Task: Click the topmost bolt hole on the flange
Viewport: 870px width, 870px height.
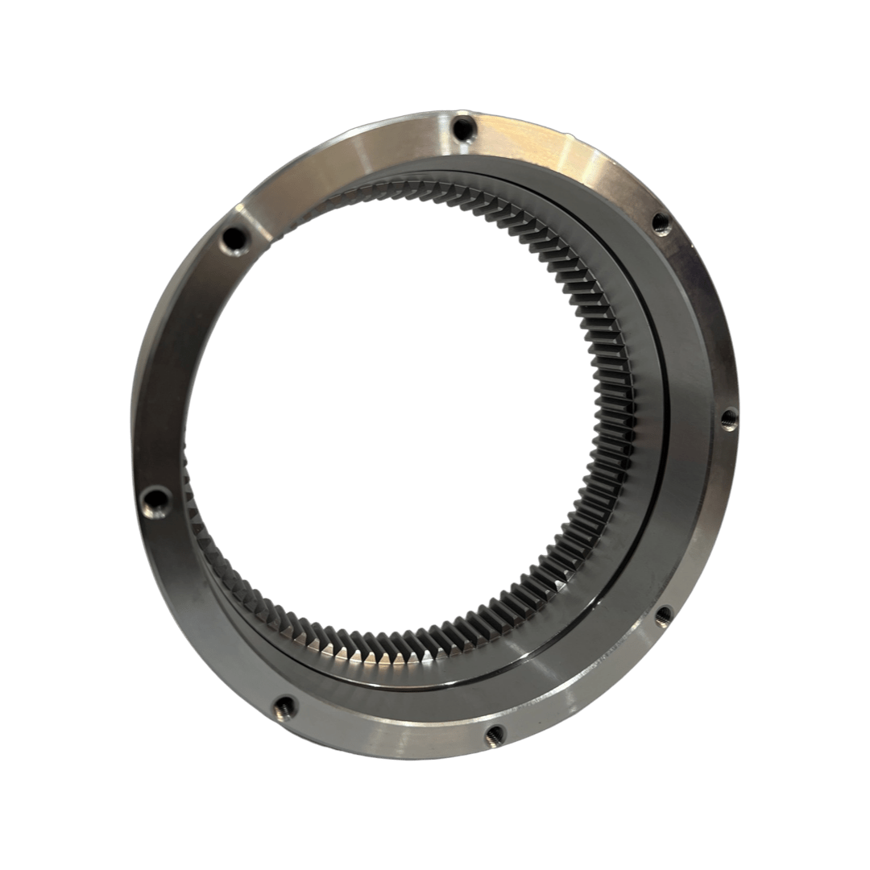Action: tap(462, 127)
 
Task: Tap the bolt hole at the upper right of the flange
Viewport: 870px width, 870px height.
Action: tap(661, 224)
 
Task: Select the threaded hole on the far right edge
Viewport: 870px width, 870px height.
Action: tap(727, 419)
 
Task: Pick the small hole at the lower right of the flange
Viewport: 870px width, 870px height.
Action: tap(662, 616)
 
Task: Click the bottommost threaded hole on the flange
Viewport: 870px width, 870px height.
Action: tap(495, 732)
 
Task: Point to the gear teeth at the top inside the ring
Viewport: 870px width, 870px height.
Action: tap(419, 193)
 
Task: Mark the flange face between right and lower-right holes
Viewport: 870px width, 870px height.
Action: tap(709, 524)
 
